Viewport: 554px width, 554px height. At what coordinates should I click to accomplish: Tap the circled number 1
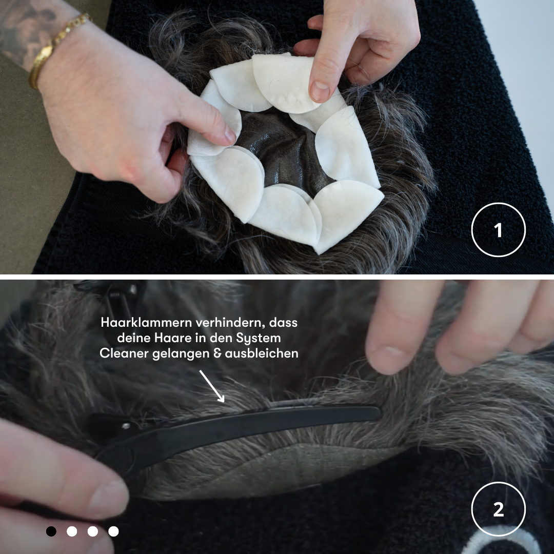498,230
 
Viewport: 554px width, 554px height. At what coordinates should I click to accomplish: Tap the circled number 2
498,509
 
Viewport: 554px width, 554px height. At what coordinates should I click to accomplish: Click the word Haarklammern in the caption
146,323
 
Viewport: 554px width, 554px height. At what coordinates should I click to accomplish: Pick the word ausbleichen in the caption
262,353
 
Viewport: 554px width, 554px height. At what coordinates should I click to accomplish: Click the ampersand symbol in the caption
217,353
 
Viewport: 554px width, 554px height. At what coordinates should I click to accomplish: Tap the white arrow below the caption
212,386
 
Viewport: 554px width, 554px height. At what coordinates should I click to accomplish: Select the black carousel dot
51,531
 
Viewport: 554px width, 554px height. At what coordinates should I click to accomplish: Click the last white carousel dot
113,531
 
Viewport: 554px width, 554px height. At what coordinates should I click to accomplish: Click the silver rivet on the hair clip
126,426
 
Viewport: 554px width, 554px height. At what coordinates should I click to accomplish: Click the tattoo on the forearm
25,28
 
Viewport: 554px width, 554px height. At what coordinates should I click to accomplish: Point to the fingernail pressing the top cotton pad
319,91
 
